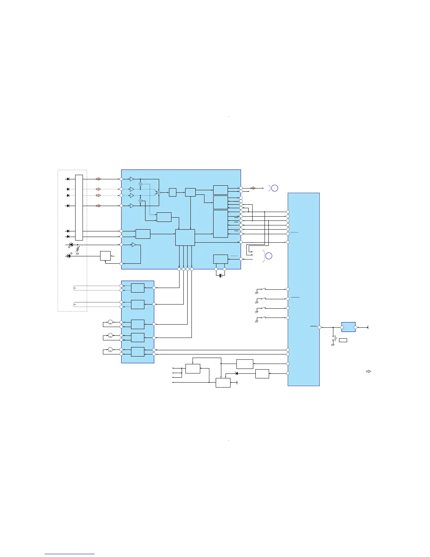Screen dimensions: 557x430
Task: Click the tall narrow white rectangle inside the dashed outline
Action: (79, 207)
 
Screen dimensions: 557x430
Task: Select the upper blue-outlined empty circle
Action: (275, 188)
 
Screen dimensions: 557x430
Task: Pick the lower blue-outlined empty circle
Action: (269, 256)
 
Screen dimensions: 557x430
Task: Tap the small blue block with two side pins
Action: (348, 327)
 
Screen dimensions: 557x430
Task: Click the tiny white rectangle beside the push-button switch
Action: (343, 340)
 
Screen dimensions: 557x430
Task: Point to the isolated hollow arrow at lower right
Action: (369, 371)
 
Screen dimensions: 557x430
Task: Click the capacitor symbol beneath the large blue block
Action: (220, 276)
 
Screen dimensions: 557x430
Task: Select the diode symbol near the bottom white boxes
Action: (236, 373)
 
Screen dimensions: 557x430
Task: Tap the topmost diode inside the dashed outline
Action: (68, 179)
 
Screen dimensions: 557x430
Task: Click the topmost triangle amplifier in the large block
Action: (132, 179)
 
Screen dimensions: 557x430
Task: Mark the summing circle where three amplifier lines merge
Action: (158, 192)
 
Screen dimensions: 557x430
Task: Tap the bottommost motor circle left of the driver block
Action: (110, 350)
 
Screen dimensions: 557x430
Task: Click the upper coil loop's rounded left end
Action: (75, 288)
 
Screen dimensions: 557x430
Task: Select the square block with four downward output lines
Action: (185, 237)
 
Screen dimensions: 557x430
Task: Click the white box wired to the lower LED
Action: (105, 256)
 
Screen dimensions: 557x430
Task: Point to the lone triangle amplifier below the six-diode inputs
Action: (133, 245)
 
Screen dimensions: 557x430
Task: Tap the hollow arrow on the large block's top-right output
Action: (253, 188)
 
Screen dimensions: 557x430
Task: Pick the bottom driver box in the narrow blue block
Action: (137, 352)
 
